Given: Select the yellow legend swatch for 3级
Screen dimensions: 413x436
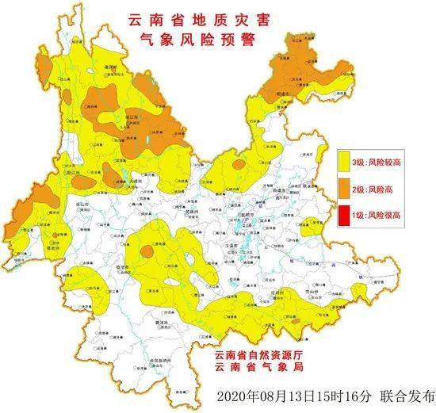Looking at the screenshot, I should tap(346, 162).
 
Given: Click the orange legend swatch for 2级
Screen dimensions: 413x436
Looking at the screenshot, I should tap(346, 188).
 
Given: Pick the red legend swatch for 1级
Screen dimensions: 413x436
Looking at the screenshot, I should tap(346, 214).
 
